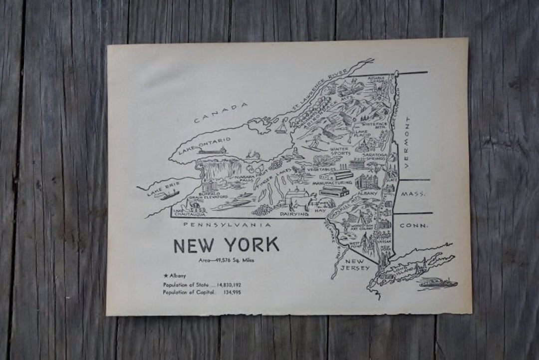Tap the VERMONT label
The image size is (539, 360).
click(407, 142)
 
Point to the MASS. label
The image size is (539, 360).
click(413, 194)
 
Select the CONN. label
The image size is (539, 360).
click(414, 226)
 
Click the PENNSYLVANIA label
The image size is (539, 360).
click(227, 225)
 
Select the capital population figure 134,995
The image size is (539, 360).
click(232, 293)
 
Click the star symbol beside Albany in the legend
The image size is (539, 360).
click(165, 276)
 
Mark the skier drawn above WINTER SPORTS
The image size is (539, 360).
click(313, 142)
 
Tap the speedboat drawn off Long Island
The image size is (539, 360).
click(437, 283)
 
